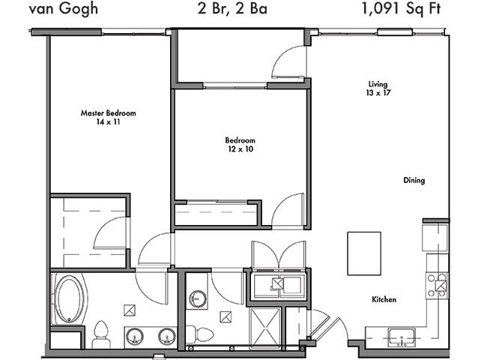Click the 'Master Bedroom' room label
109,113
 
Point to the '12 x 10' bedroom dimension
240,149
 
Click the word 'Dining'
414,180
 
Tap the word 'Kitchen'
384,300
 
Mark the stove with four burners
437,284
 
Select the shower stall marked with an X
264,324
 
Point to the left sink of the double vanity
136,336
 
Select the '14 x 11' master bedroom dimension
109,121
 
